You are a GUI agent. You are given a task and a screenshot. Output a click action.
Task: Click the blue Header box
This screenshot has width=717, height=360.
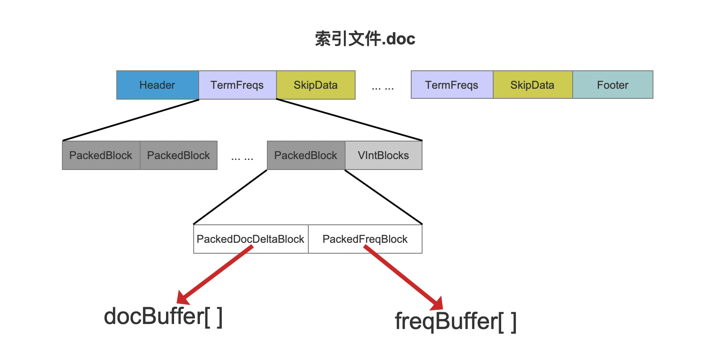(x=157, y=85)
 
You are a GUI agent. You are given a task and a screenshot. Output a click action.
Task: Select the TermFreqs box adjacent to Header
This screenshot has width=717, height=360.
(x=237, y=85)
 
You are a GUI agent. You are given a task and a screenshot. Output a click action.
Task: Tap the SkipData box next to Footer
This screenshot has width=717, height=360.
(x=533, y=85)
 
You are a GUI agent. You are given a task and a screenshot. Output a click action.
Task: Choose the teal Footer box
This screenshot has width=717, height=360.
(x=613, y=85)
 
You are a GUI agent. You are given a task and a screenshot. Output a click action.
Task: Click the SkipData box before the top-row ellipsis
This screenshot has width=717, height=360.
(x=315, y=85)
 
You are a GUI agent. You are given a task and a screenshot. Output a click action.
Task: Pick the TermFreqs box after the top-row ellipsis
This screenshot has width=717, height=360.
(x=452, y=85)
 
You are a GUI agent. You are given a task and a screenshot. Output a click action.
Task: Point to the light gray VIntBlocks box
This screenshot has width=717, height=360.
(x=384, y=155)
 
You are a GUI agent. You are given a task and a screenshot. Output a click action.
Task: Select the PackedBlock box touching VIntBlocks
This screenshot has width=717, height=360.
(x=306, y=155)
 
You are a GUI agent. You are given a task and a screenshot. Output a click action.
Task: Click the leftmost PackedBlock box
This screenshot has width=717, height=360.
(x=101, y=155)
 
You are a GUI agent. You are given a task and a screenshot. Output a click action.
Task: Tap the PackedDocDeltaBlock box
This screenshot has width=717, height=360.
(x=251, y=239)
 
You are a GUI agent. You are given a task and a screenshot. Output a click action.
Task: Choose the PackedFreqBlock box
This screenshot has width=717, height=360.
(x=365, y=239)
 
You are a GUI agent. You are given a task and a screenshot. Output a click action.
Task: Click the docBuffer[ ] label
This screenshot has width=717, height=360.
(x=163, y=316)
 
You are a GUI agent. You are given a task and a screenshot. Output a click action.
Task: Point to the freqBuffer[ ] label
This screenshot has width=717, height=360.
(x=456, y=321)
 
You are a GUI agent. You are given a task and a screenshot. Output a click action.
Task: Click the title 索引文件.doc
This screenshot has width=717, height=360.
(x=365, y=39)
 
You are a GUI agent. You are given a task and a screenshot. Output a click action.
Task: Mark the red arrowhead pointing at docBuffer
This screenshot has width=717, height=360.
(x=183, y=298)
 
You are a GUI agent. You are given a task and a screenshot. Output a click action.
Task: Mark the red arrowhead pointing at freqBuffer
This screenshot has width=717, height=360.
(x=437, y=303)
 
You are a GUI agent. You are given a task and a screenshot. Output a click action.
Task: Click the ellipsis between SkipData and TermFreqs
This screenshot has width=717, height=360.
(x=383, y=88)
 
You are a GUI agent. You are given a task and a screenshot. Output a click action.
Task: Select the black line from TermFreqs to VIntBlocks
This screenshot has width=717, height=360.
(x=349, y=120)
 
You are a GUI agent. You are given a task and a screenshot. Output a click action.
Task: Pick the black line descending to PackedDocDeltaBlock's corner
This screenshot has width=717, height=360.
(x=230, y=197)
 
